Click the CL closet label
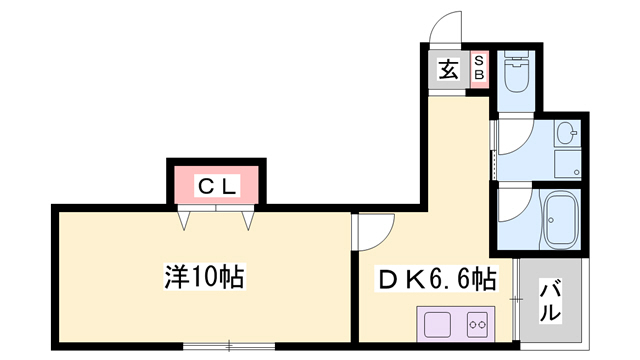[x=215, y=185]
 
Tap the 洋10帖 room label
[x=205, y=275]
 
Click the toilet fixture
[x=516, y=71]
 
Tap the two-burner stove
[x=475, y=324]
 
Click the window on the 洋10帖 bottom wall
[x=228, y=345]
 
